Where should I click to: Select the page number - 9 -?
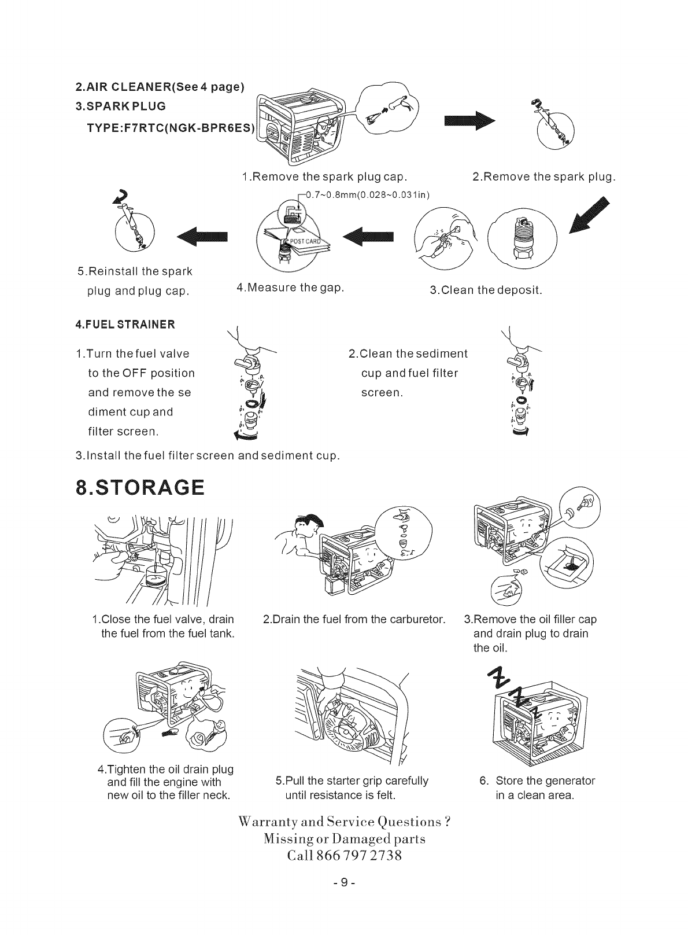(x=343, y=882)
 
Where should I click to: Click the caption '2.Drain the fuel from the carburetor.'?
(x=354, y=620)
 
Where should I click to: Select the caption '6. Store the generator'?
(x=537, y=781)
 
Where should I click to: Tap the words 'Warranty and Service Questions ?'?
(x=344, y=822)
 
